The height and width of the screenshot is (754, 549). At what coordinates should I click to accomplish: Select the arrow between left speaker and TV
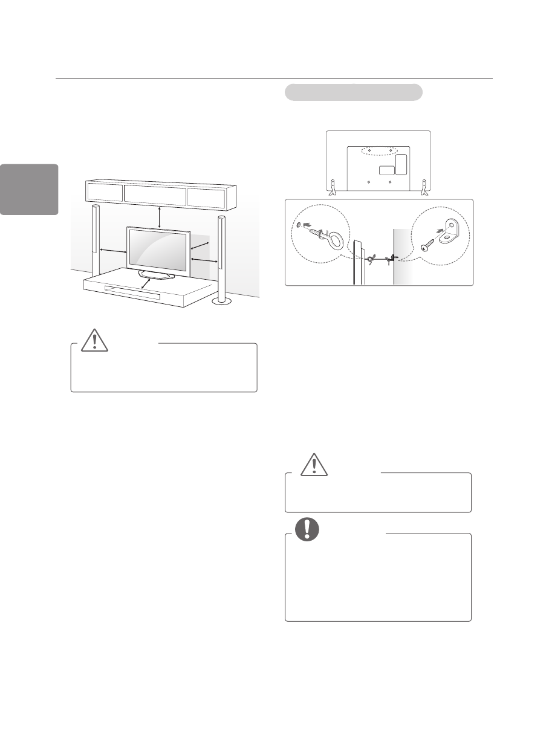click(112, 250)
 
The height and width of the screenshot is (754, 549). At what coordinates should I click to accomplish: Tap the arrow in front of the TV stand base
click(145, 283)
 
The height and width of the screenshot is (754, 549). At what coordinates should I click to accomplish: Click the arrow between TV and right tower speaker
click(204, 259)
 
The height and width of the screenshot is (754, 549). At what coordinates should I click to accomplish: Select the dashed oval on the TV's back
click(377, 150)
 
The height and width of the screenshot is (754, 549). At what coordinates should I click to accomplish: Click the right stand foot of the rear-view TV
click(424, 187)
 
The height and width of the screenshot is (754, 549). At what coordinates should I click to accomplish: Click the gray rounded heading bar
click(352, 92)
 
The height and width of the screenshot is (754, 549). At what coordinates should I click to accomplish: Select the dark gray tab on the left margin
click(29, 189)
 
